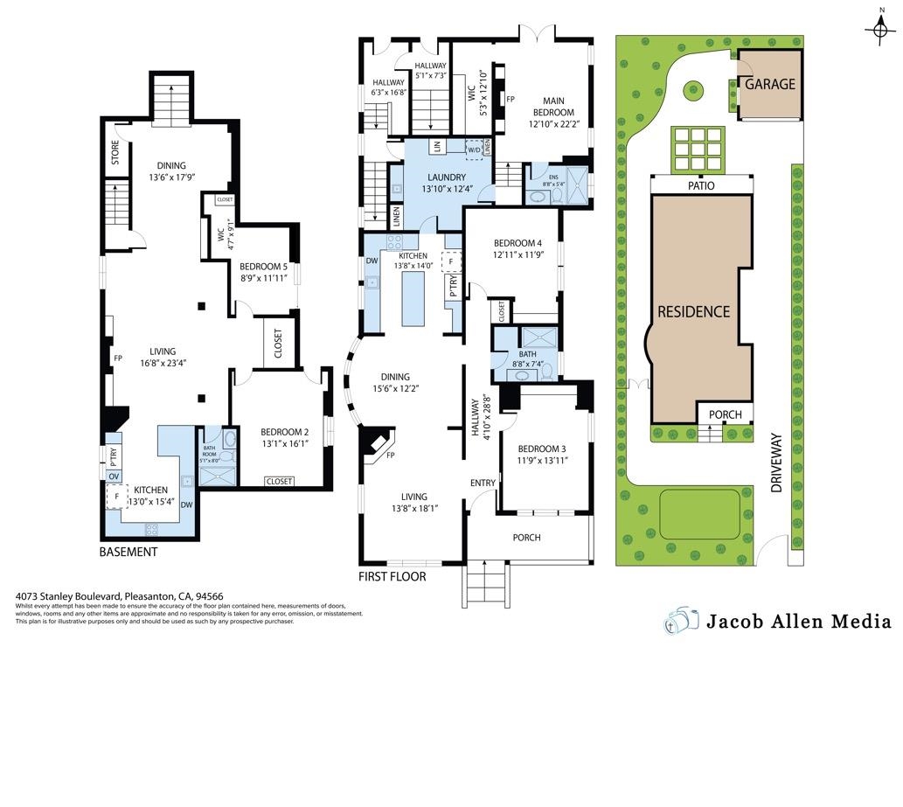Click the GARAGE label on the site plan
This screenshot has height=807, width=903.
(769, 85)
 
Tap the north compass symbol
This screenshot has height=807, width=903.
(879, 31)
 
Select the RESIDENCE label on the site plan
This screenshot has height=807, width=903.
(693, 311)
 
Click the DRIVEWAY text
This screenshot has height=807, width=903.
(776, 463)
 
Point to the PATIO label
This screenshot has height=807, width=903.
(701, 186)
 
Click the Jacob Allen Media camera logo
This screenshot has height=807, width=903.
(682, 621)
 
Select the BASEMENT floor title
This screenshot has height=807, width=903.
(129, 553)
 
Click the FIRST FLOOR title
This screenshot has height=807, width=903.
(392, 577)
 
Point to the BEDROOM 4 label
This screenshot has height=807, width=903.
(517, 243)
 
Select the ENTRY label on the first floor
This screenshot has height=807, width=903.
(483, 483)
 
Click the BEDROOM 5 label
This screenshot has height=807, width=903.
(263, 267)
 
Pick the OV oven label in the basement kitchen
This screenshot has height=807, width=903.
(114, 476)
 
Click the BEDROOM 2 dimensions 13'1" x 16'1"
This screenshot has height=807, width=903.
(284, 443)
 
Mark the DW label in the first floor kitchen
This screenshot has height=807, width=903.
(372, 261)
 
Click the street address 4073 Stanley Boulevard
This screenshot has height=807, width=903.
(70, 597)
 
